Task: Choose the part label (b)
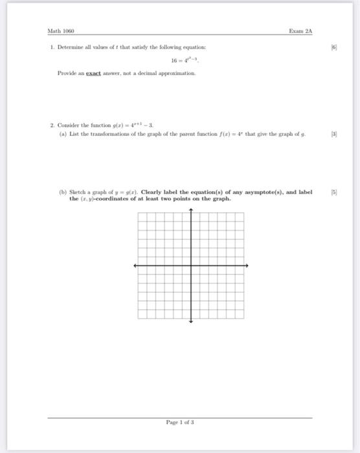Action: coord(61,192)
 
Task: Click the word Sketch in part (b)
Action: coord(80,192)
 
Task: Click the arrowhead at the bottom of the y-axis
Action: coord(191,321)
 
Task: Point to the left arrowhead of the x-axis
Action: coord(135,265)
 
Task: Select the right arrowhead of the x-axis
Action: coord(247,265)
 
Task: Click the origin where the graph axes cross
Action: coord(191,265)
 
